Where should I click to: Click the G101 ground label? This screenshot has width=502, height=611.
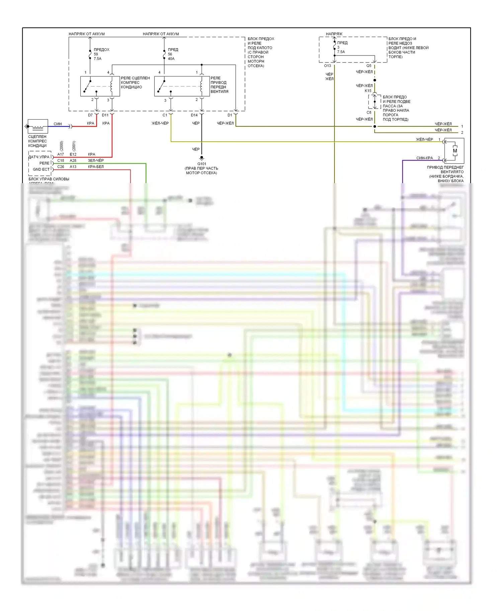click(201, 164)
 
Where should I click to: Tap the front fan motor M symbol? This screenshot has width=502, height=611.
click(454, 151)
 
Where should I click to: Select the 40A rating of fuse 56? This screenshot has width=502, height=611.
click(171, 59)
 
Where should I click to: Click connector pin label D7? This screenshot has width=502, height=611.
click(90, 115)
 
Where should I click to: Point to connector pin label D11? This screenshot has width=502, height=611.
click(105, 115)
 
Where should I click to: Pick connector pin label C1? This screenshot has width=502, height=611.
click(165, 115)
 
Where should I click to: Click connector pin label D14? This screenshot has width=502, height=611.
click(194, 115)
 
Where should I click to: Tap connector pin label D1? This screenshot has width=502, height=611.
click(230, 115)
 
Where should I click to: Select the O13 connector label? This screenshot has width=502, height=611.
click(327, 66)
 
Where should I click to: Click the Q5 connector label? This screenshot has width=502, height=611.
click(368, 66)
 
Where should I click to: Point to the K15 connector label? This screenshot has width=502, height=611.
click(368, 91)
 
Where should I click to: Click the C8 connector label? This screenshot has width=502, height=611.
click(369, 112)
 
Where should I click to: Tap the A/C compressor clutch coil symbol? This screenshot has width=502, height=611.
click(37, 127)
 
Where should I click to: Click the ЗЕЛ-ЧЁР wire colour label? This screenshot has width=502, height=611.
click(96, 160)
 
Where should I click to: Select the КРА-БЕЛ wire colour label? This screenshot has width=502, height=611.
click(96, 167)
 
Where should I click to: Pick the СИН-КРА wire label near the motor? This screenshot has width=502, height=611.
click(424, 158)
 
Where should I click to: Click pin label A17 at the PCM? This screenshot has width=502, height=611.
click(61, 154)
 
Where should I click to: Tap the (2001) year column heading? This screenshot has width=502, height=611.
click(74, 146)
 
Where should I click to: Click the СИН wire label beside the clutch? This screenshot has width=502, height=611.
click(58, 124)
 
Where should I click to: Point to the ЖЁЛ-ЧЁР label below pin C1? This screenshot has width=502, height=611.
click(160, 123)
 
